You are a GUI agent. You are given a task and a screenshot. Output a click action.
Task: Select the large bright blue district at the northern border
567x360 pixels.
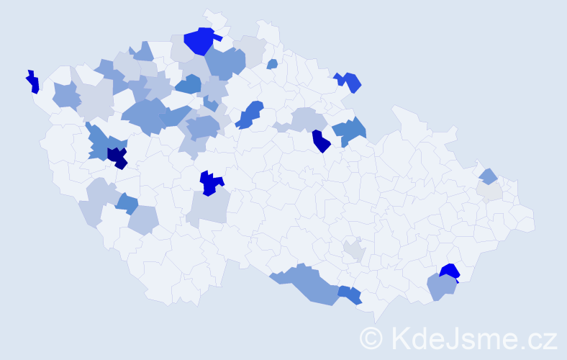click(199, 40)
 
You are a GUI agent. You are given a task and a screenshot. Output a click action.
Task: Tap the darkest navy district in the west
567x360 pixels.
click(117, 156)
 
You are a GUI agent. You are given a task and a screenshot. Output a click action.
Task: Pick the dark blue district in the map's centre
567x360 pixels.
click(210, 183)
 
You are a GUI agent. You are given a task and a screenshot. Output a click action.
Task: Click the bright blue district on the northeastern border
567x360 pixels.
click(350, 82)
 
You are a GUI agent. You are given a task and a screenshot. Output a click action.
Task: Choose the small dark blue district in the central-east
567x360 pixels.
click(320, 142)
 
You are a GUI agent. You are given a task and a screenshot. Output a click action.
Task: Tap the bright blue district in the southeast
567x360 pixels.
click(450, 271)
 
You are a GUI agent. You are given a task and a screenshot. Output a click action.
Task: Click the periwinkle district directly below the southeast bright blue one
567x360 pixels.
click(441, 287)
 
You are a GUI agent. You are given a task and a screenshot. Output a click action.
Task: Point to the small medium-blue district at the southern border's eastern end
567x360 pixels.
click(350, 294)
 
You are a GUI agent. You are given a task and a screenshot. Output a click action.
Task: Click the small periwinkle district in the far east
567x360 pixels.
click(488, 175)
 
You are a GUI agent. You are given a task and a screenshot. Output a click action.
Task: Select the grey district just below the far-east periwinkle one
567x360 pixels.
click(489, 190)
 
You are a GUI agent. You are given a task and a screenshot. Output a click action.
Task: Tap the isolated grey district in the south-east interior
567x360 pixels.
click(354, 250)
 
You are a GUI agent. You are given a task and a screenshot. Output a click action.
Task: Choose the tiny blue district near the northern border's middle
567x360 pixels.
click(272, 64)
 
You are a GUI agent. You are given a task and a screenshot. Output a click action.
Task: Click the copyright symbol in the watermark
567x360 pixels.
click(371, 338)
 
